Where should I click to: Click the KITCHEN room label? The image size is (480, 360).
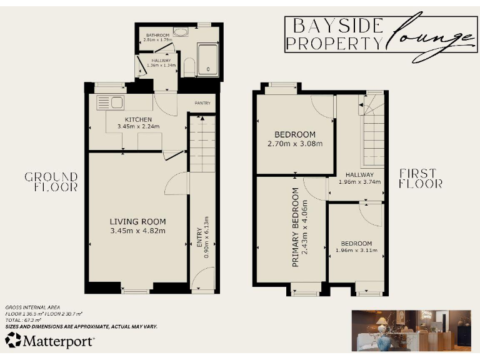pos(137,119)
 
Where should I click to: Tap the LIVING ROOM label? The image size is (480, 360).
pos(137,222)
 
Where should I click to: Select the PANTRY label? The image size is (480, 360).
pos(202,103)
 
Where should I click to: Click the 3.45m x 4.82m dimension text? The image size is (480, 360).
pos(137,231)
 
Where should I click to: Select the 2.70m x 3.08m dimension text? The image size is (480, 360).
pos(295,144)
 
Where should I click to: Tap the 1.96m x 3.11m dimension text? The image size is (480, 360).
pos(356,251)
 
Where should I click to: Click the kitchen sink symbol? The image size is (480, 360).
pos(111,102)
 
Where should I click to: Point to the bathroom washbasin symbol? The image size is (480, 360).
pos(181,32)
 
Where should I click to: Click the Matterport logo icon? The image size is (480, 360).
pos(13,341)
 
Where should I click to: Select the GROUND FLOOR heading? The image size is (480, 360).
pos(51,181)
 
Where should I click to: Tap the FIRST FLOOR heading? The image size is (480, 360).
pos(421,178)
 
